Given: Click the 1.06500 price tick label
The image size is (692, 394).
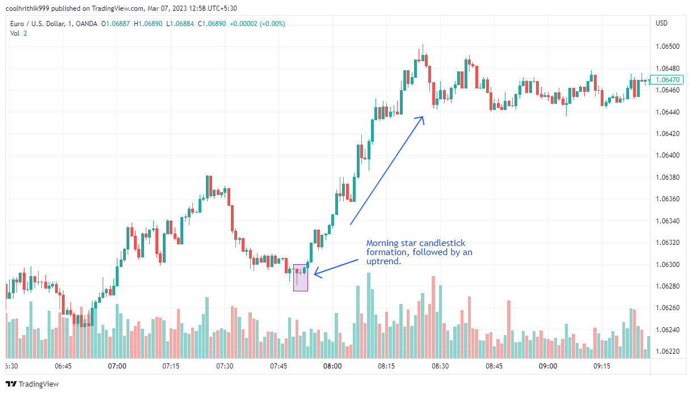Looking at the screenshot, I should coord(667,46).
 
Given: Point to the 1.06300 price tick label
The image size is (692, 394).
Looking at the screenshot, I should coord(667,264).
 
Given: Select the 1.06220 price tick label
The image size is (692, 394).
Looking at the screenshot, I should coord(667,351).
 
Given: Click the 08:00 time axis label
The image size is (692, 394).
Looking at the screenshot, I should coord(332,366).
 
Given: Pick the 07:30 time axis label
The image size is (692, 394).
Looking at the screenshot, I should coord(225,366).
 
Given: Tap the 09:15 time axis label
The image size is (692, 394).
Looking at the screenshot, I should coord(602,366).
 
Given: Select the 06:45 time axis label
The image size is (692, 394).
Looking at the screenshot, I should coord(63,366).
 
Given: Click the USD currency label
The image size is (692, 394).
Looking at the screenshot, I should coord(661,23).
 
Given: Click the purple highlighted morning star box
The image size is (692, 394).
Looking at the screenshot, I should coord(301,278).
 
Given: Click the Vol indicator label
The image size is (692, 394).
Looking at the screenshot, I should coord(15,33).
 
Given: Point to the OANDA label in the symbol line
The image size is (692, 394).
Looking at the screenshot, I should coord(88,24).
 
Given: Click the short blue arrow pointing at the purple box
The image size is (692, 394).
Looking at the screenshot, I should coord(336,268).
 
